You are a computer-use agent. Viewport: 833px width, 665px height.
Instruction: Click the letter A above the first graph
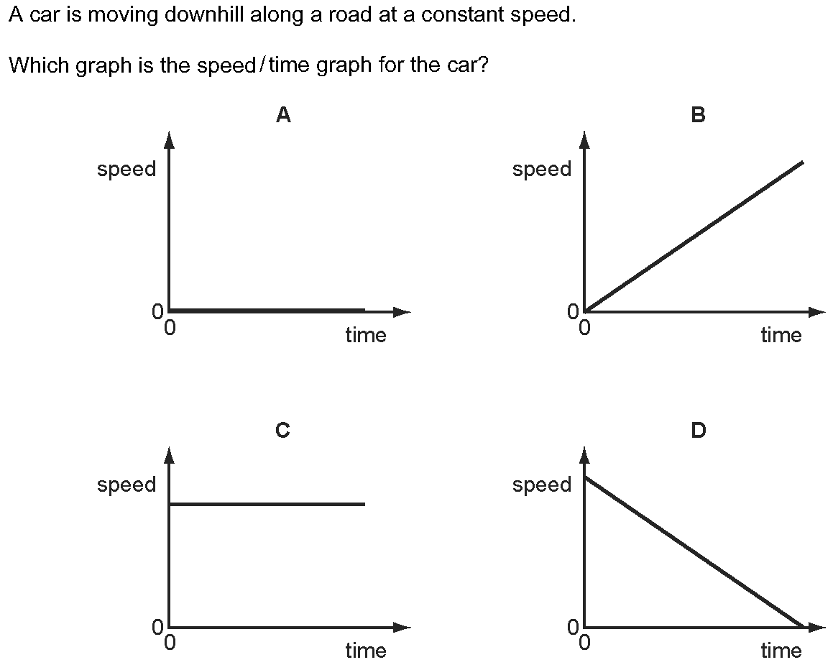point(283,115)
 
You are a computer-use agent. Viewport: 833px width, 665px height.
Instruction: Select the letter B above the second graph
point(698,115)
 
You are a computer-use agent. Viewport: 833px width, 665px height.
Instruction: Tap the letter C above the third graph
point(282,429)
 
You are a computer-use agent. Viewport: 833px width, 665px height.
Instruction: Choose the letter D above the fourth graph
point(698,429)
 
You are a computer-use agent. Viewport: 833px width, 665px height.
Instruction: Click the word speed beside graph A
point(126,170)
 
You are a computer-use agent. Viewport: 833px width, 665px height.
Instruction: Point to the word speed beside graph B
point(542,170)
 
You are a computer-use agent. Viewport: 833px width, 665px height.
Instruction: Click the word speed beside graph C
point(126,485)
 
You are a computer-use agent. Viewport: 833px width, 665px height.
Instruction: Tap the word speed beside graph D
point(542,485)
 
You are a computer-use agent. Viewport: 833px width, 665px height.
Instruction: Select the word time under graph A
point(366,335)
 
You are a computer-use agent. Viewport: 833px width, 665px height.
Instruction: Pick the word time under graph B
point(781,335)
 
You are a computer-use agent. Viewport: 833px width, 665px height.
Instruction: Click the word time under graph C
point(366,650)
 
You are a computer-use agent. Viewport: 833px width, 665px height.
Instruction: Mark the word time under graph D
point(781,650)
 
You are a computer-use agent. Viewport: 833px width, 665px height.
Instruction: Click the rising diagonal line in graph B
point(694,236)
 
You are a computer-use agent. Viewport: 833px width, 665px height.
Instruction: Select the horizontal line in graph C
point(267,504)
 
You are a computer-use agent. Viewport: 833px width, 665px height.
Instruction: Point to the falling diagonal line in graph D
point(694,552)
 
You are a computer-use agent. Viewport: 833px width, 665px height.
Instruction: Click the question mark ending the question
point(482,65)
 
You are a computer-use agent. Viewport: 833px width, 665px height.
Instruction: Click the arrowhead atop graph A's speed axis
point(169,140)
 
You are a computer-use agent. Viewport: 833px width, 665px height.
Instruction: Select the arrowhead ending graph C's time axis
point(402,628)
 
